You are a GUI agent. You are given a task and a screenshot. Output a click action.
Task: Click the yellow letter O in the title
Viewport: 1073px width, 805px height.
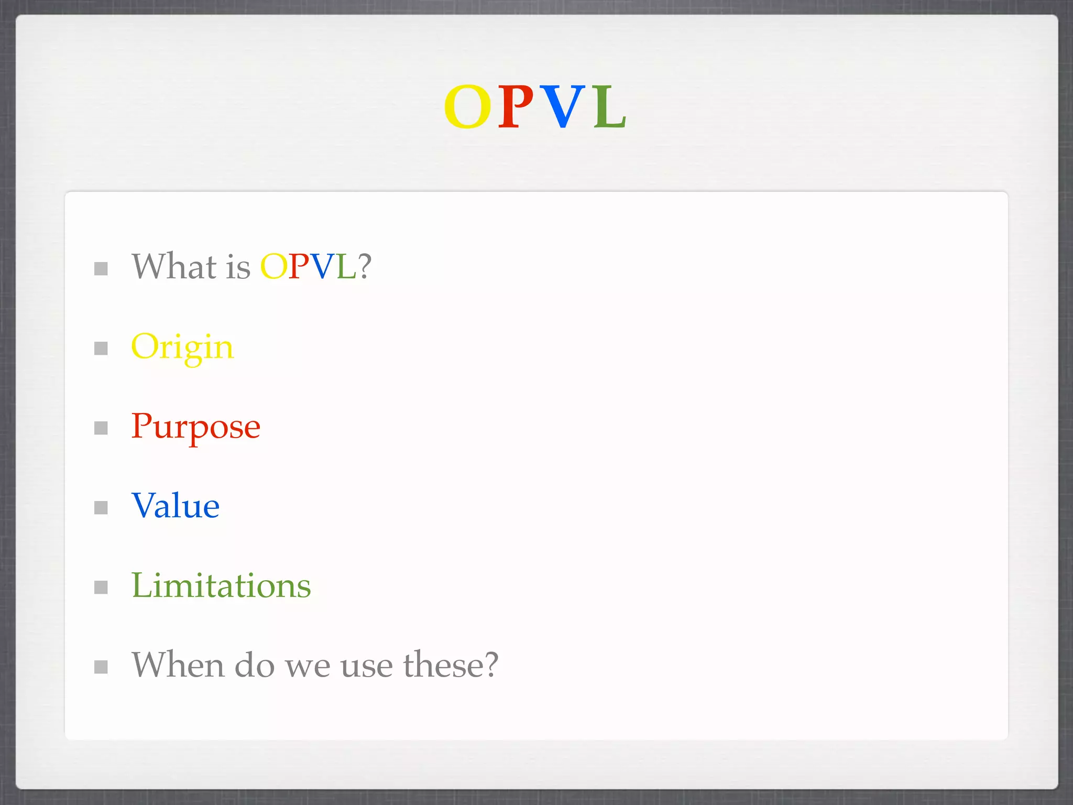[x=467, y=106]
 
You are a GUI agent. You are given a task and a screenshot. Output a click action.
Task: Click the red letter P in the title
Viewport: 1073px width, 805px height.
[x=516, y=106]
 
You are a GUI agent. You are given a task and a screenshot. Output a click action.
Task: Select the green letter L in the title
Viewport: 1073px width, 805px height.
[x=609, y=106]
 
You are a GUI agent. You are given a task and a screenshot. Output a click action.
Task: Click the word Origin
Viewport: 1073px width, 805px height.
[x=182, y=347]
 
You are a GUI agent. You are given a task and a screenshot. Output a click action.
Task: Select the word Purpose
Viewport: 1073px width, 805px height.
[x=195, y=427]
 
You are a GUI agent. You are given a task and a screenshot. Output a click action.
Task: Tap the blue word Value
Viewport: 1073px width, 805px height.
[x=176, y=506]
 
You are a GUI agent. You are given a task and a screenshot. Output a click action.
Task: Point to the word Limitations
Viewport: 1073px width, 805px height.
[x=221, y=586]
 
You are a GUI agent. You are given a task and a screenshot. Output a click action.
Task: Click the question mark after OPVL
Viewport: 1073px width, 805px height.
[x=365, y=267]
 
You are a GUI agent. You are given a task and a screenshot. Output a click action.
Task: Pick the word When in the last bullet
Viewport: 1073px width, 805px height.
[x=178, y=665]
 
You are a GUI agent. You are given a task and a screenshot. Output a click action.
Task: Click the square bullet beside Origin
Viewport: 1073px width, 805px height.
[x=101, y=349]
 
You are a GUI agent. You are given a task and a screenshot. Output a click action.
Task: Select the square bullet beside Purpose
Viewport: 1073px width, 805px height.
[x=101, y=428]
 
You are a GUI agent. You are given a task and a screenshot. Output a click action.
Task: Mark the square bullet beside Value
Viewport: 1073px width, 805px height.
[x=101, y=507]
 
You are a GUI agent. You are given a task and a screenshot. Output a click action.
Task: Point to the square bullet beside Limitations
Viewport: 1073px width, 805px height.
[x=101, y=587]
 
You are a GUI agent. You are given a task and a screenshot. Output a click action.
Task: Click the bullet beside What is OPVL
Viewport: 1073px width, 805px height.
[x=101, y=269]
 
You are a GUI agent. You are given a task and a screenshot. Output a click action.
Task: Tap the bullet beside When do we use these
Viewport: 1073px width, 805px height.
[x=101, y=667]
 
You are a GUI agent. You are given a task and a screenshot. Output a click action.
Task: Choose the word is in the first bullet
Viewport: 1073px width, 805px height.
[x=238, y=267]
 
